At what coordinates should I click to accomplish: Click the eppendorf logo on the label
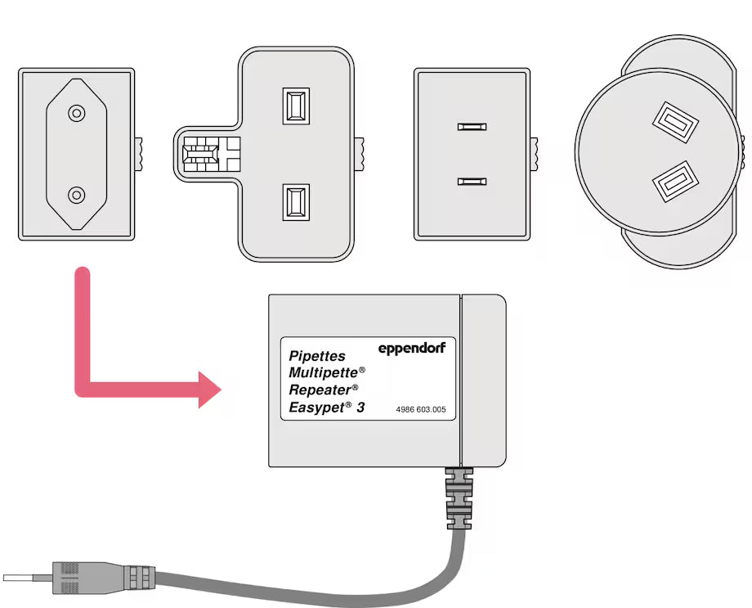click(x=411, y=349)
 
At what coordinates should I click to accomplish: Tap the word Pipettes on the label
click(x=317, y=357)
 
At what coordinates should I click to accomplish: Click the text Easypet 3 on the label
click(x=326, y=407)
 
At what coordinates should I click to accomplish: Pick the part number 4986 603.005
click(x=420, y=409)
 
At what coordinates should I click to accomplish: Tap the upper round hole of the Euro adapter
click(x=76, y=113)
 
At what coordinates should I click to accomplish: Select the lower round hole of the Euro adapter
click(x=76, y=195)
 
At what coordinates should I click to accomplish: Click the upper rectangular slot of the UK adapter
click(x=295, y=106)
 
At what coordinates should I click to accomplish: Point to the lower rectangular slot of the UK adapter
click(x=295, y=201)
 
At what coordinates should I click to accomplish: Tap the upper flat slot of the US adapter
click(x=472, y=127)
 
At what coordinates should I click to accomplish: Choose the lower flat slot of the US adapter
click(x=472, y=180)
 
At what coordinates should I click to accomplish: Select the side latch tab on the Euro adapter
click(x=139, y=151)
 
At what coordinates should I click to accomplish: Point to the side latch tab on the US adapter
click(x=535, y=153)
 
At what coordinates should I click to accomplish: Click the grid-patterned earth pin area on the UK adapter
click(x=200, y=152)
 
